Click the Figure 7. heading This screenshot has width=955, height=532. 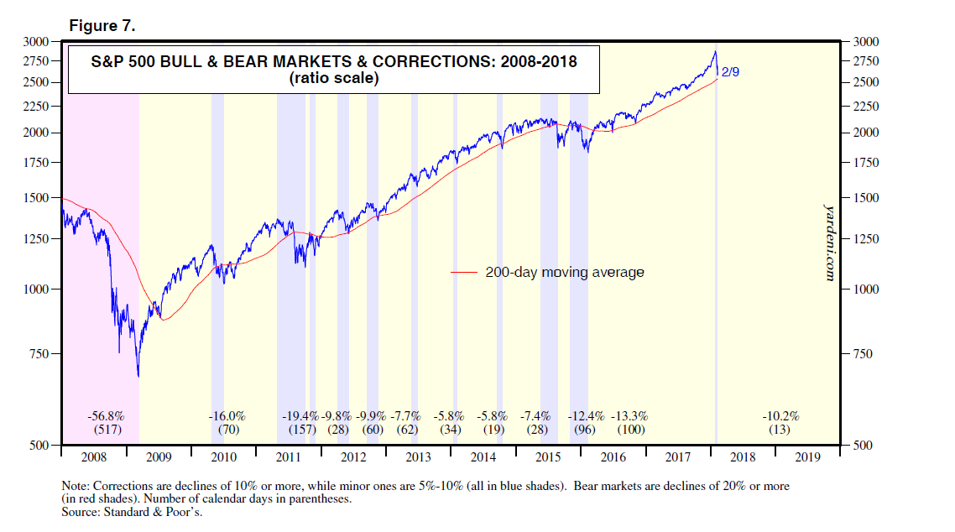(102, 26)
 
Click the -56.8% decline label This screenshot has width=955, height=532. (106, 416)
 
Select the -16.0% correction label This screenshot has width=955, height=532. (227, 416)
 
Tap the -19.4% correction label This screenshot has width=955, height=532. (300, 416)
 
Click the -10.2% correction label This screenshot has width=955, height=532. (780, 416)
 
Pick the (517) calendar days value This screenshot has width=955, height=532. (106, 430)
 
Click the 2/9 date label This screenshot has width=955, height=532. (730, 73)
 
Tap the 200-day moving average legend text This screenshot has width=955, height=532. (565, 272)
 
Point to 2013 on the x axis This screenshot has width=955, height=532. (417, 458)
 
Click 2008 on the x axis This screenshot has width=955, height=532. (93, 458)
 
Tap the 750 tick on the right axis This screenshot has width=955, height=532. (865, 354)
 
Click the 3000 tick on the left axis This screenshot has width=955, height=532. (37, 41)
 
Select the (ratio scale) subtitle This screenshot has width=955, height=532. (333, 80)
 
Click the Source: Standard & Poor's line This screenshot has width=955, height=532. (133, 511)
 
